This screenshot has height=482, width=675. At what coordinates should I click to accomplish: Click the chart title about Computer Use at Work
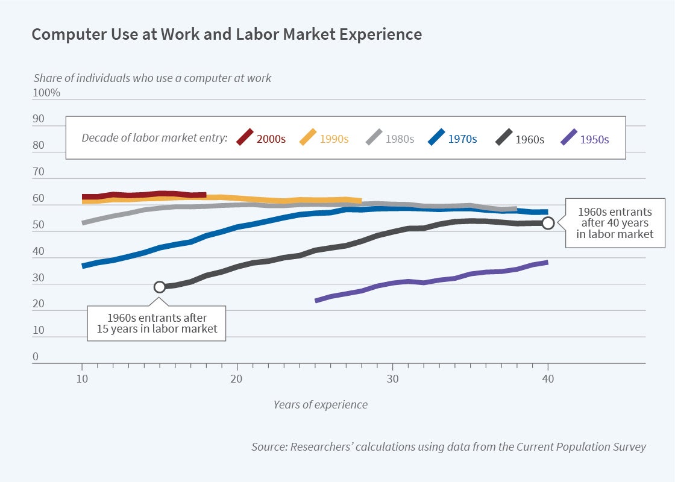coord(227,34)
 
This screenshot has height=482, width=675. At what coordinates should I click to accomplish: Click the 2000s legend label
coord(270,139)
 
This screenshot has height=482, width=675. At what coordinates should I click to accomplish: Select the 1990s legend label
coord(333,139)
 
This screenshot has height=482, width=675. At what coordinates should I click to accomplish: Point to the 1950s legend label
coord(594,139)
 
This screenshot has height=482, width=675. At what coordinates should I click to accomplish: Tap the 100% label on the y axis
coord(46,93)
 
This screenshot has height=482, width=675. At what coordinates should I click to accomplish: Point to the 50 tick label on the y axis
coord(39,225)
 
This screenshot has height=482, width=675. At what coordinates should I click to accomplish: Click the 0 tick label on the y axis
coord(36,356)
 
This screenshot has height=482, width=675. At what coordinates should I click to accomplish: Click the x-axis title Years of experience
coord(320,404)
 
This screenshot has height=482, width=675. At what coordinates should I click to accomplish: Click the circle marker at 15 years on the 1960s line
coord(160,287)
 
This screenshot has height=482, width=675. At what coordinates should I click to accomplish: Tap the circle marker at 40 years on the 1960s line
coord(548,223)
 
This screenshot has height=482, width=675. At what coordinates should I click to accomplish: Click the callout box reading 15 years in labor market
coord(157,324)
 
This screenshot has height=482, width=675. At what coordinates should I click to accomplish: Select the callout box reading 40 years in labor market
coord(615,223)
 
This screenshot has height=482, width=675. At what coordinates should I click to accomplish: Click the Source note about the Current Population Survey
coord(448,446)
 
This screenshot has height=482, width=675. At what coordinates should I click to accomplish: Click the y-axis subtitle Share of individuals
coord(152,78)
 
